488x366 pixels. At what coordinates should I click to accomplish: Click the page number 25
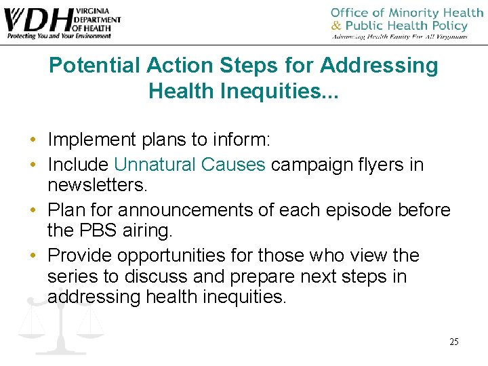click(453, 342)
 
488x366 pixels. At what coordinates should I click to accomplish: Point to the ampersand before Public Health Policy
click(336, 26)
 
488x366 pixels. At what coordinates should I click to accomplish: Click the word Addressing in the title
click(379, 66)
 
